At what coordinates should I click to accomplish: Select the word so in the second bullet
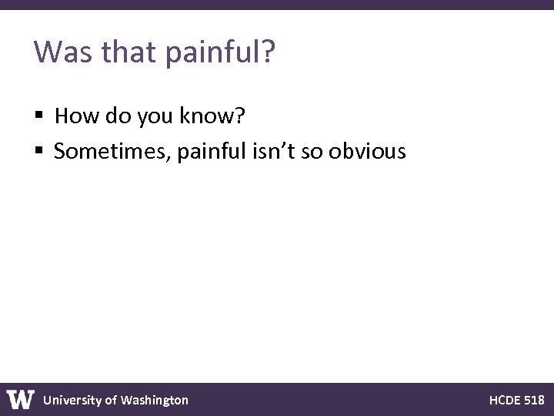tap(311, 152)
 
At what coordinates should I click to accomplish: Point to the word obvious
tap(367, 152)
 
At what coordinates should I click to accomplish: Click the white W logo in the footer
tap(21, 400)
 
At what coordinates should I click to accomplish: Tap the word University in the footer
tap(72, 400)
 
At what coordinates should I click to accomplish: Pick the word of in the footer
tap(111, 400)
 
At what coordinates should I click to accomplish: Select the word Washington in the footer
tap(154, 400)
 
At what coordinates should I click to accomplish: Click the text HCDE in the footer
tap(505, 400)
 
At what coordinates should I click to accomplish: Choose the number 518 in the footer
tap(535, 400)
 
